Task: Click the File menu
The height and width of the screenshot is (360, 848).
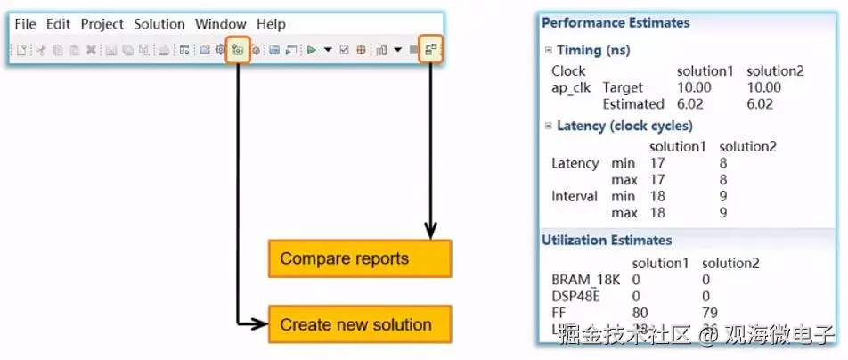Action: (25, 24)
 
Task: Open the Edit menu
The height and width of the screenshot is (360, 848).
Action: (58, 24)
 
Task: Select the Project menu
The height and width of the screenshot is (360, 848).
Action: (102, 24)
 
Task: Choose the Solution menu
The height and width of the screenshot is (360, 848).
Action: (159, 24)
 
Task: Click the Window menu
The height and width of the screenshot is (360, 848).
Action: (221, 24)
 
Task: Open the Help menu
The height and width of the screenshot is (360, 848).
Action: (271, 24)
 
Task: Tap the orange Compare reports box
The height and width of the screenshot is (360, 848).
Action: (359, 259)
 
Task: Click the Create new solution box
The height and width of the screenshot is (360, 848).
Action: (359, 325)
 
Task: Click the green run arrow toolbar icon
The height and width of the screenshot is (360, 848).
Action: (312, 50)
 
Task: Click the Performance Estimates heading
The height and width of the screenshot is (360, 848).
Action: (616, 23)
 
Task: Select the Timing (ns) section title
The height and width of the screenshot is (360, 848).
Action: (592, 51)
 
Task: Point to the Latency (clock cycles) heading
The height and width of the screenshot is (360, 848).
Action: (624, 126)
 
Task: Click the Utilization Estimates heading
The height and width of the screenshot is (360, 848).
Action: (607, 240)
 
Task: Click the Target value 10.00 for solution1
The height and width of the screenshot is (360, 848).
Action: (695, 87)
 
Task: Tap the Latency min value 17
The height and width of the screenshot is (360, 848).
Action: (657, 163)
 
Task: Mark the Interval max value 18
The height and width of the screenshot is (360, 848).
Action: (657, 213)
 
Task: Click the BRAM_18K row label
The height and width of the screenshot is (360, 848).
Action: (583, 280)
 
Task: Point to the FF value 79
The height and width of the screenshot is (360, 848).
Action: (711, 313)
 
